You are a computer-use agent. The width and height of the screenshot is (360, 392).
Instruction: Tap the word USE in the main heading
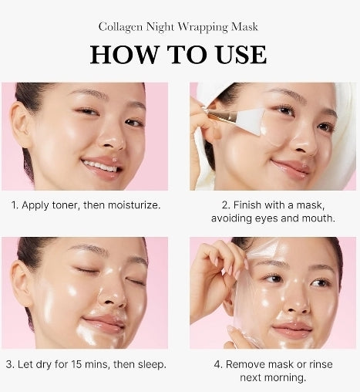pyautogui.click(x=235, y=54)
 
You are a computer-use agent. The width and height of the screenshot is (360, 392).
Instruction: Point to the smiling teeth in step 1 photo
pyautogui.click(x=100, y=165)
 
